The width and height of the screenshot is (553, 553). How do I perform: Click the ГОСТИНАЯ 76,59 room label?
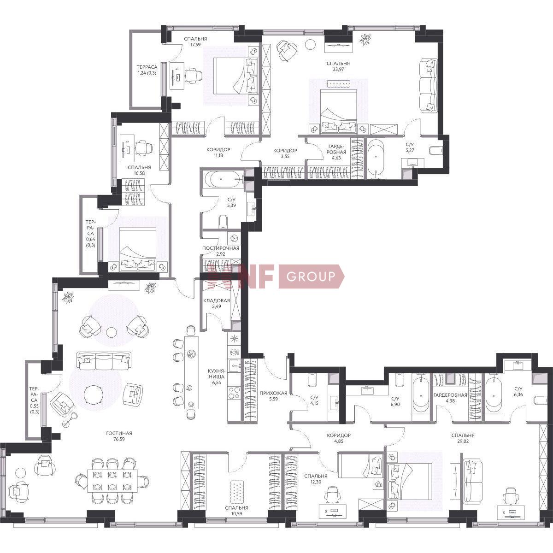(119, 436)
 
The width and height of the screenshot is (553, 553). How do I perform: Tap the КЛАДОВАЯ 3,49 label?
(217, 303)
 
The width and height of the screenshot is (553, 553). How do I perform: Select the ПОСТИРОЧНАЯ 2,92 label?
(221, 251)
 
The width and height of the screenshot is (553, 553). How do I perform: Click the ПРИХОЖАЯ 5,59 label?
(273, 396)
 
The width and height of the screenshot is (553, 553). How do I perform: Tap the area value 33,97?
(338, 69)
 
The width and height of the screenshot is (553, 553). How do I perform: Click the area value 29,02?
(463, 441)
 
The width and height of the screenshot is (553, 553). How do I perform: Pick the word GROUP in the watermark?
(311, 276)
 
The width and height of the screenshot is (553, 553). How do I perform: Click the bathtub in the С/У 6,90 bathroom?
(421, 396)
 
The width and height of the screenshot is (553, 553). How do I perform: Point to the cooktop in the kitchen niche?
(234, 393)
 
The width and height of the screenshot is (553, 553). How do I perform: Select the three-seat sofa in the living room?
(103, 361)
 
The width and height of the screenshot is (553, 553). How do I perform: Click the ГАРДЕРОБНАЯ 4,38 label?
(450, 398)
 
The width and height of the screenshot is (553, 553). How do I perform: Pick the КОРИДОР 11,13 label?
(218, 153)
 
